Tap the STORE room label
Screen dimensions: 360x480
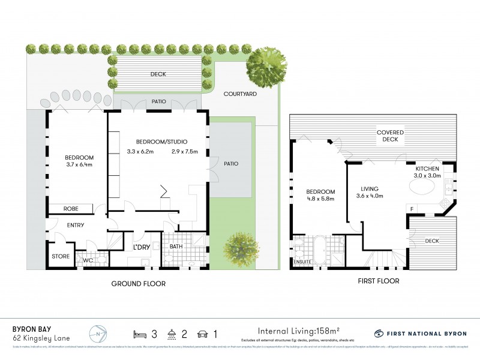pos(60,257)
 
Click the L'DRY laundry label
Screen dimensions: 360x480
pos(142,247)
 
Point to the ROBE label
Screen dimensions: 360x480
pos(70,209)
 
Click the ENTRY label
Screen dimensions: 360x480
pos(76,226)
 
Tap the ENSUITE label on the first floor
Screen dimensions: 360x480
pos(302,262)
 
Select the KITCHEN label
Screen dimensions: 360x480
pos(428,170)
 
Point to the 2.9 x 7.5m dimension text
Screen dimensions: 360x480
pos(184,151)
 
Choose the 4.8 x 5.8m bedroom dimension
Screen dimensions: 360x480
pos(320,199)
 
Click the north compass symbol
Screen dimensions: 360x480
pos(98,333)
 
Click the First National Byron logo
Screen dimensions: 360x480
pos(420,333)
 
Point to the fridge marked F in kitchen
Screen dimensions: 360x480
pos(412,209)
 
